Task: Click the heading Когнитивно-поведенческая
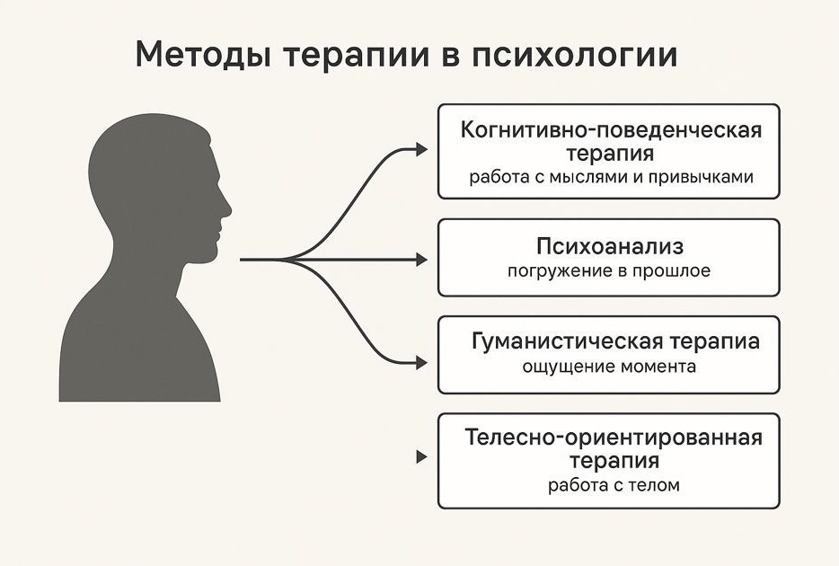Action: click(611, 129)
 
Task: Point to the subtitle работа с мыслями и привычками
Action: click(611, 177)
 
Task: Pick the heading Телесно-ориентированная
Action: click(614, 438)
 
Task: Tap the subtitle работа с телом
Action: click(614, 486)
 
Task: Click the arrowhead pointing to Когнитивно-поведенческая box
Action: click(422, 150)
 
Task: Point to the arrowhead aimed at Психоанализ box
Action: click(422, 260)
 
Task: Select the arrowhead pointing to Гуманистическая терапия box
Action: click(422, 363)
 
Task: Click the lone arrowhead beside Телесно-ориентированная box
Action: click(421, 456)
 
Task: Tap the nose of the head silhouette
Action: click(227, 209)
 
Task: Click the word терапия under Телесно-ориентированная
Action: click(614, 462)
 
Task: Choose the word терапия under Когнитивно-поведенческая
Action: click(611, 154)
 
